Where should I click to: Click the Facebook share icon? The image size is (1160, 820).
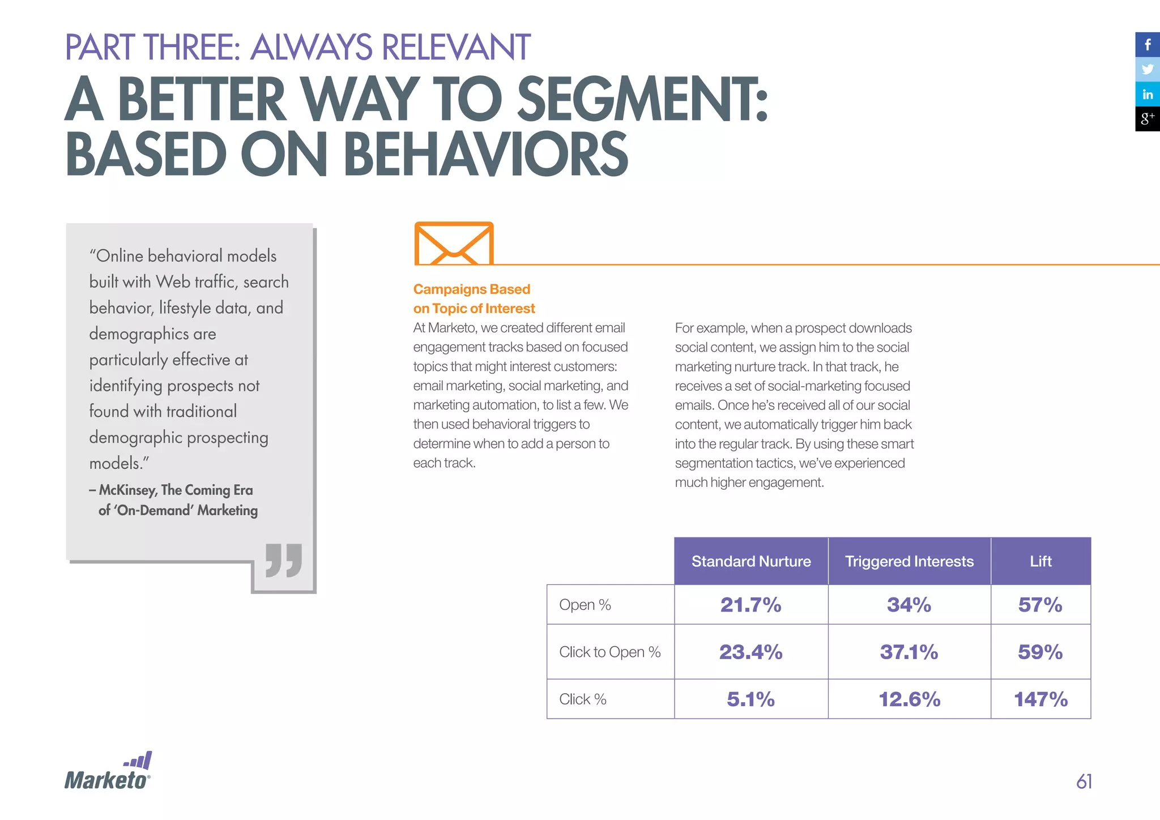[x=1148, y=44]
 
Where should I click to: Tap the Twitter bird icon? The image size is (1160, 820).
[x=1148, y=69]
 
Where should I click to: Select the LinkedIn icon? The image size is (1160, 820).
[x=1148, y=94]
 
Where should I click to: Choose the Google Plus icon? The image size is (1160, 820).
[x=1148, y=119]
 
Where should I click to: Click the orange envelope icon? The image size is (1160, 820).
[x=454, y=244]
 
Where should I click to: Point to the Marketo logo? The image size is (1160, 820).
[x=108, y=771]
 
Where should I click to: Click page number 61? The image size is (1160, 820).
[x=1084, y=781]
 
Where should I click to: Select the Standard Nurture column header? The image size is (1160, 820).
[x=751, y=561]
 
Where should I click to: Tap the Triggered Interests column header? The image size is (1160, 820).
[x=909, y=561]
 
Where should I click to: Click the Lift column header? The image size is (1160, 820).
[x=1040, y=561]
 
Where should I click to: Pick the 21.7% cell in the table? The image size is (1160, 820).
[x=751, y=605]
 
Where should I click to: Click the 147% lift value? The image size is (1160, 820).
[x=1040, y=699]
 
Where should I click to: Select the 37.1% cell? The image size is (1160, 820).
[x=909, y=652]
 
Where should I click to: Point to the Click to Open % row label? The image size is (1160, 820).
[x=610, y=652]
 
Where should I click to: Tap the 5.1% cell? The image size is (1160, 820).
[x=751, y=699]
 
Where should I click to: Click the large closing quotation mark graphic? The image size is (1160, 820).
[x=284, y=561]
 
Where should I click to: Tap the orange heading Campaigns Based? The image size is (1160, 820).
[x=471, y=289]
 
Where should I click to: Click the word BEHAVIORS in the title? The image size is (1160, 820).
[x=485, y=155]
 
